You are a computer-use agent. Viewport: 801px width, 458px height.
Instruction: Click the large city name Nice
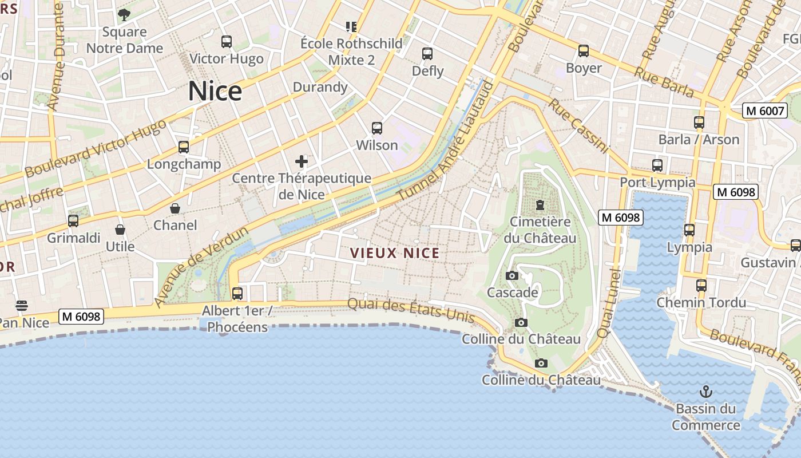pyautogui.click(x=215, y=91)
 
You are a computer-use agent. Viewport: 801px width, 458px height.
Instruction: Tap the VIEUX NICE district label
pyautogui.click(x=395, y=253)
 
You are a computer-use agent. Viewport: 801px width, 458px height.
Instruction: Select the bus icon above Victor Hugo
pyautogui.click(x=227, y=42)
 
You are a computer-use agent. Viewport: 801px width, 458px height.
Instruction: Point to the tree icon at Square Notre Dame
pyautogui.click(x=124, y=15)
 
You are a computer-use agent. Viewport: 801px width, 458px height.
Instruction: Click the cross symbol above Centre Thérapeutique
pyautogui.click(x=302, y=161)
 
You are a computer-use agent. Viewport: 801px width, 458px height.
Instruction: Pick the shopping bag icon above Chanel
pyautogui.click(x=175, y=208)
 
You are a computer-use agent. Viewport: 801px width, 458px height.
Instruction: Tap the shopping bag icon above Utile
pyautogui.click(x=120, y=230)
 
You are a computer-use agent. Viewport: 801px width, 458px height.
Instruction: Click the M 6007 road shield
pyautogui.click(x=765, y=110)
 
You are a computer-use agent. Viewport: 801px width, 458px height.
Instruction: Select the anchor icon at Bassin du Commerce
pyautogui.click(x=706, y=392)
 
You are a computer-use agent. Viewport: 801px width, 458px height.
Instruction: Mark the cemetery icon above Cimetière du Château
pyautogui.click(x=540, y=205)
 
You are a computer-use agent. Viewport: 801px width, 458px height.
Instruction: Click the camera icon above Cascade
pyautogui.click(x=512, y=276)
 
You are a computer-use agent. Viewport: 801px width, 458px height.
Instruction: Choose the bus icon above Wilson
pyautogui.click(x=377, y=128)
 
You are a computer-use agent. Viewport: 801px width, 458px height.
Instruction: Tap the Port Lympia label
pyautogui.click(x=658, y=183)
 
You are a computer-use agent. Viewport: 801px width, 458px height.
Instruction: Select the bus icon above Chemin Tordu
pyautogui.click(x=701, y=285)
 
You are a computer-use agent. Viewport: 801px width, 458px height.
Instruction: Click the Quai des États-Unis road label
pyautogui.click(x=411, y=310)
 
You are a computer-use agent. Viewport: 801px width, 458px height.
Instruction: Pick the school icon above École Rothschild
pyautogui.click(x=351, y=26)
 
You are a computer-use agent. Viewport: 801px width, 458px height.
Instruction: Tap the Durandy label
pyautogui.click(x=320, y=87)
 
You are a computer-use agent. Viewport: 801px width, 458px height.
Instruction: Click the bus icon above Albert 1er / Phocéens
pyautogui.click(x=237, y=294)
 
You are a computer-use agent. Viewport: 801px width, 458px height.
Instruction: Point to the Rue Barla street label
pyautogui.click(x=664, y=81)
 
